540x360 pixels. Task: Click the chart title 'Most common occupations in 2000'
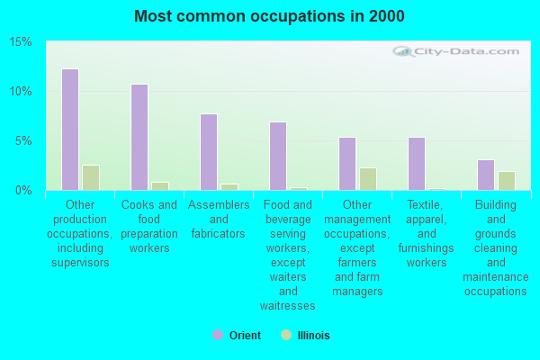(269, 16)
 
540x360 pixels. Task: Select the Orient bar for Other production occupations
(70, 130)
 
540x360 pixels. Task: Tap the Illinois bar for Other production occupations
(90, 177)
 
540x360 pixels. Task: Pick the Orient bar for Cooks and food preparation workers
(139, 137)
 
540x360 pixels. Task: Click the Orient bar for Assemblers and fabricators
(209, 152)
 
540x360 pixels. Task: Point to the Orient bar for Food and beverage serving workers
(278, 156)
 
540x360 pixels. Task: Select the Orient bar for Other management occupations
(347, 164)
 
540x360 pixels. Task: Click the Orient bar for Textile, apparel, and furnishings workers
(417, 164)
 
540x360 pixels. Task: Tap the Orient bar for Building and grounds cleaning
(486, 175)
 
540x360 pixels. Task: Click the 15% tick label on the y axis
(21, 42)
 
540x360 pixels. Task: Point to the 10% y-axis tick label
(21, 92)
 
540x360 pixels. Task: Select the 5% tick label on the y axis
(23, 141)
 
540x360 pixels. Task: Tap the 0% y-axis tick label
(23, 190)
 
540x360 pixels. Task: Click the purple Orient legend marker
(218, 335)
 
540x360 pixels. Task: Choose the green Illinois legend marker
(286, 335)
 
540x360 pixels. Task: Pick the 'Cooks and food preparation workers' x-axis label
(149, 227)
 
